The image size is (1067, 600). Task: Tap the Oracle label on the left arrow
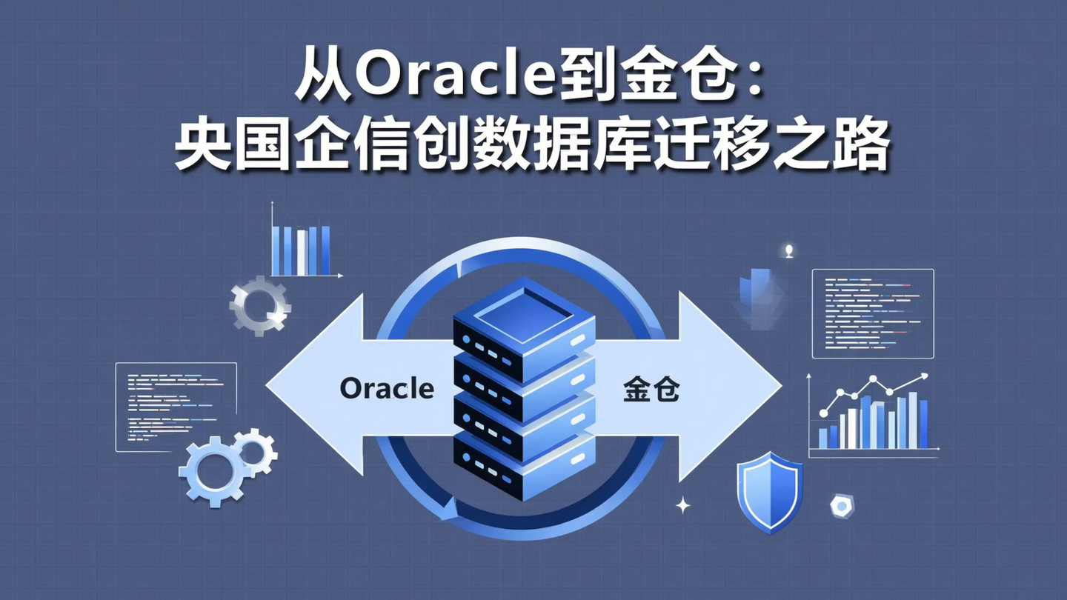click(x=387, y=389)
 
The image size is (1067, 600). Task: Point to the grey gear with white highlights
click(x=259, y=304)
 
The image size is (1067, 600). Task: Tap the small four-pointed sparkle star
click(x=683, y=505)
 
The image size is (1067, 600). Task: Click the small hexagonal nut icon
click(x=842, y=505)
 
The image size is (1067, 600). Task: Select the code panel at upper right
click(x=873, y=313)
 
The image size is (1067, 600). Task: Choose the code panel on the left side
click(x=176, y=407)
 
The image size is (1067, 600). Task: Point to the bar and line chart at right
click(x=873, y=415)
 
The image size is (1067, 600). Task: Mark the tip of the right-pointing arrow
click(x=780, y=385)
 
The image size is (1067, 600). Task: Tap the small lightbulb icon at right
click(x=789, y=250)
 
